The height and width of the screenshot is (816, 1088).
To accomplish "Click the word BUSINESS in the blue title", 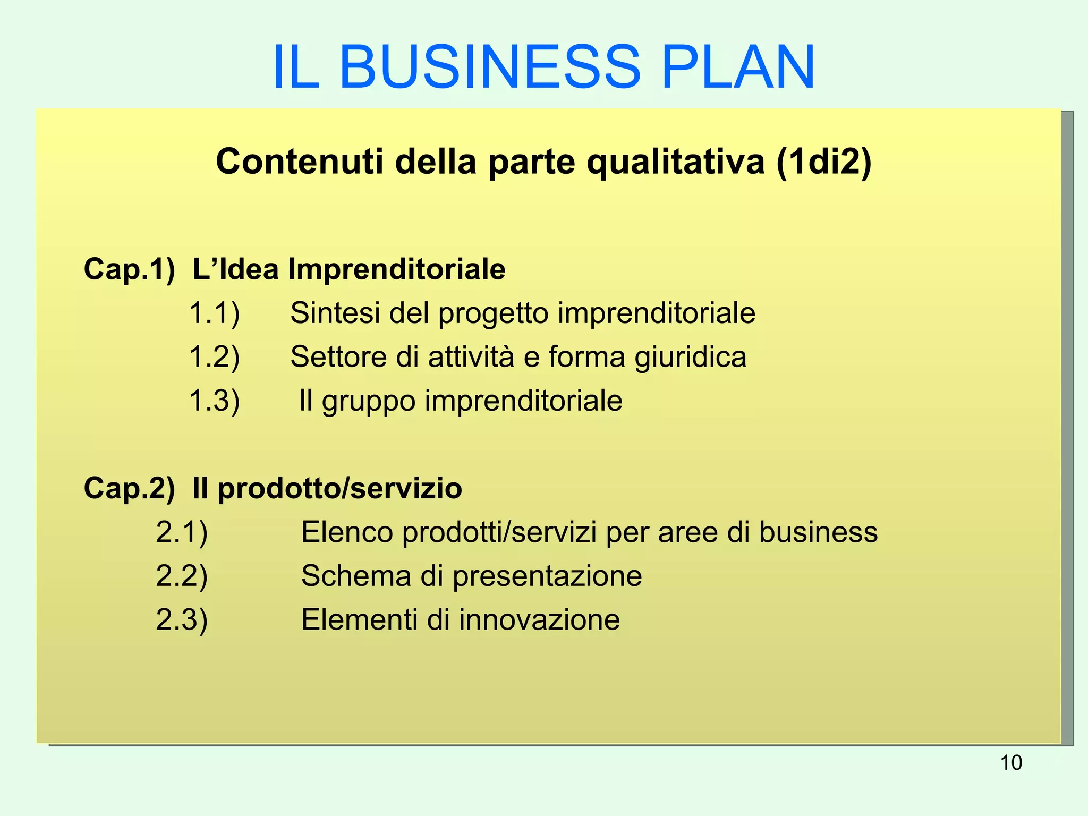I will pos(489,67).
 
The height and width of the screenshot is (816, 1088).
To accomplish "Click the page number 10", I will pos(1011,763).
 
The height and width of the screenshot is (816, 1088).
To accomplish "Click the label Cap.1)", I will pos(129,269).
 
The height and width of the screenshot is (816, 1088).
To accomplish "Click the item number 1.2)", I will pos(214,356).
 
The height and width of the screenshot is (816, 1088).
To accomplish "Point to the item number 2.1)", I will pos(182,532).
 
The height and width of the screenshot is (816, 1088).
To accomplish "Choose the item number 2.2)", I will pos(182,576).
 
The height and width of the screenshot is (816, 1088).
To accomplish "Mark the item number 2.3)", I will pos(182,619).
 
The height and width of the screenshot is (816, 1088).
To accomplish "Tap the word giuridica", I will pos(691,358).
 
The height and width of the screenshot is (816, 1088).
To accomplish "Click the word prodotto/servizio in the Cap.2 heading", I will pos(339,488).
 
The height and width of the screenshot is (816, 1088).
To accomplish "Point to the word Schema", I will pos(356,576).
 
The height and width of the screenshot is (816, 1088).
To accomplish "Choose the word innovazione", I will pos(539,619).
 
